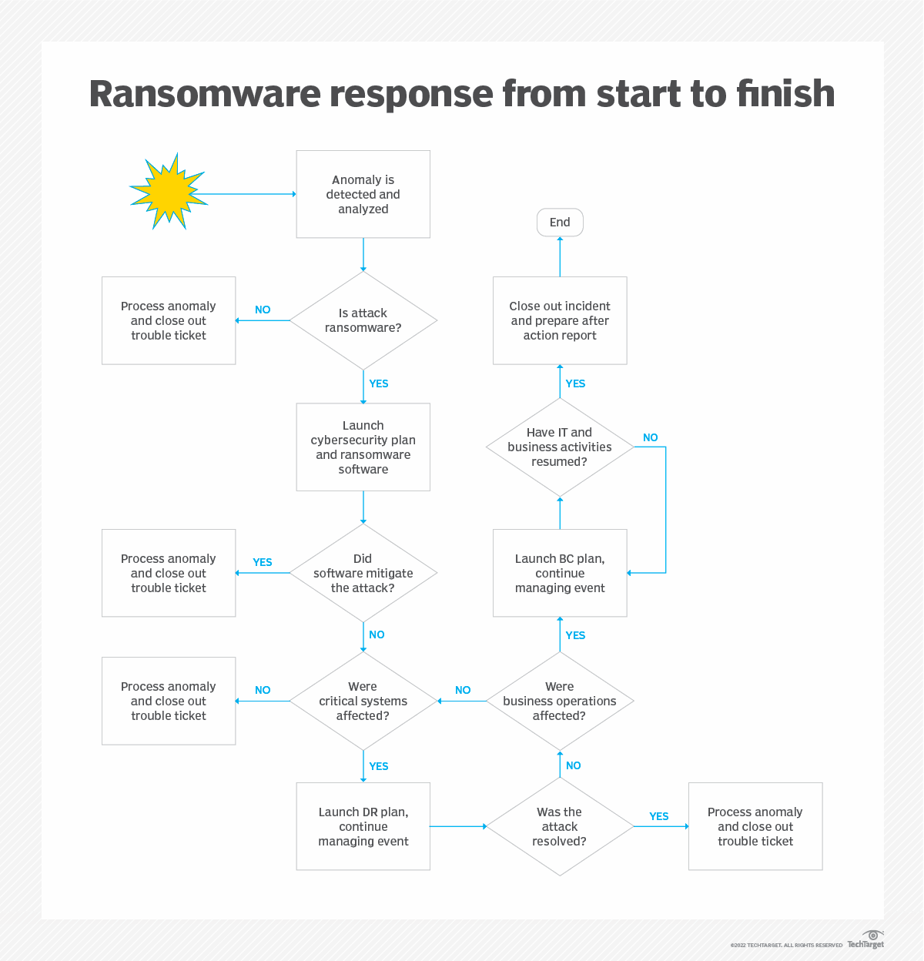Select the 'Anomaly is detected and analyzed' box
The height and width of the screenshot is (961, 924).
pos(363,194)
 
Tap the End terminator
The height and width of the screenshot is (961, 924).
pos(560,223)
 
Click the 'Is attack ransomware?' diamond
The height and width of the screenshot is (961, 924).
pos(363,320)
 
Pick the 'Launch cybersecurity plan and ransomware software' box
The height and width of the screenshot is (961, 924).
pos(363,447)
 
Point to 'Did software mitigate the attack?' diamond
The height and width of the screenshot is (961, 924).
pos(363,573)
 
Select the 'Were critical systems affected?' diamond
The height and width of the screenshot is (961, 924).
pos(363,701)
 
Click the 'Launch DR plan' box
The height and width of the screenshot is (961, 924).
pos(363,826)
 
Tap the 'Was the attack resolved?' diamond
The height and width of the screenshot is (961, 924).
pos(560,826)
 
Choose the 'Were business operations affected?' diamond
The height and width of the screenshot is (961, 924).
pos(560,701)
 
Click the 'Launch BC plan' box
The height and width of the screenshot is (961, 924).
pos(560,573)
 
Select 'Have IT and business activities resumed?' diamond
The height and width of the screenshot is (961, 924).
pos(560,447)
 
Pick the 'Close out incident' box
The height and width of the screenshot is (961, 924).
pos(560,320)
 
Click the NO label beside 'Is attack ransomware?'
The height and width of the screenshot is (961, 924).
pos(263,310)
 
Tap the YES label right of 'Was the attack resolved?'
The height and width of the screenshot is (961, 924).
pos(659,816)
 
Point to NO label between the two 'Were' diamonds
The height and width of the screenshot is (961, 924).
pos(463,690)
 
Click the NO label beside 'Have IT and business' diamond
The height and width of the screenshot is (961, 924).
pos(651,437)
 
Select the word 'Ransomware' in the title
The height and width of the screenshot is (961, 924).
pos(204,94)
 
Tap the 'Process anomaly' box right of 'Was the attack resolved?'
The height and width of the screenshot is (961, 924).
pos(755,826)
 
